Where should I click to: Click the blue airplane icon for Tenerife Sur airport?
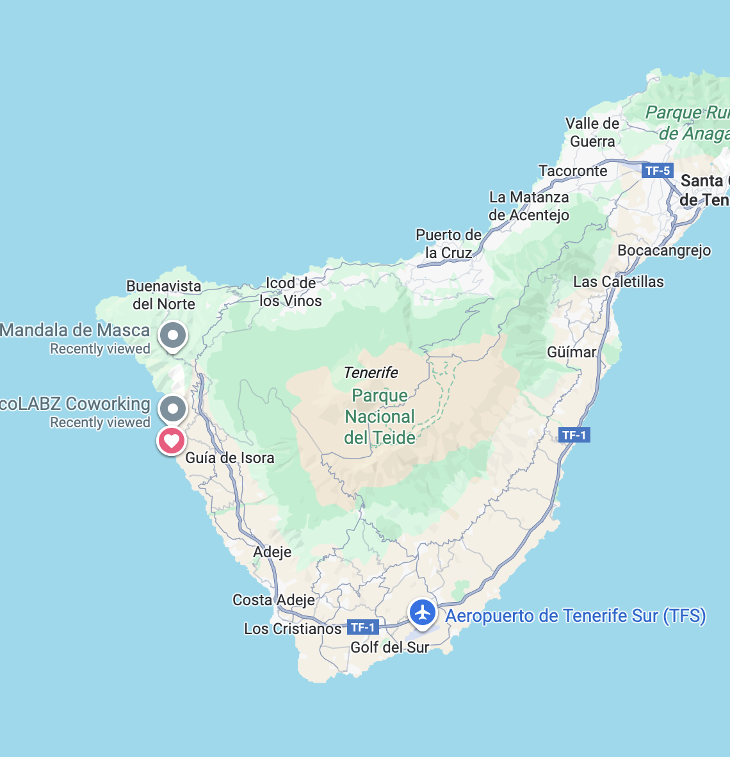click(423, 613)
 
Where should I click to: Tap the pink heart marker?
click(172, 441)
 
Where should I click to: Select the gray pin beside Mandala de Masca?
click(172, 335)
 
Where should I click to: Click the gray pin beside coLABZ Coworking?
click(172, 408)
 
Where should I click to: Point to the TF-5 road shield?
click(658, 170)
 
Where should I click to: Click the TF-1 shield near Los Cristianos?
click(362, 628)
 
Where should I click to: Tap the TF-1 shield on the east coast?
click(574, 435)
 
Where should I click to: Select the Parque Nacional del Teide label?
click(380, 417)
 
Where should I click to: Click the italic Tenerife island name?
click(370, 373)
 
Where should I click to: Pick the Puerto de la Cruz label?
click(448, 244)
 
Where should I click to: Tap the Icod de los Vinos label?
click(291, 292)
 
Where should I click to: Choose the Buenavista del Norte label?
click(164, 295)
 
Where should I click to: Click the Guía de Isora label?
click(230, 458)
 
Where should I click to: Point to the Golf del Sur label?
click(389, 647)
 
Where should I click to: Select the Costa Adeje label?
click(273, 600)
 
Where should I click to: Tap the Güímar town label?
click(571, 352)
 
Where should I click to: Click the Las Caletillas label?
click(619, 282)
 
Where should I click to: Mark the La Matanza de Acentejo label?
click(529, 206)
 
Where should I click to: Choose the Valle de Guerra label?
click(592, 133)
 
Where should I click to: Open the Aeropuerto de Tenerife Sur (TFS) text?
click(576, 616)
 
